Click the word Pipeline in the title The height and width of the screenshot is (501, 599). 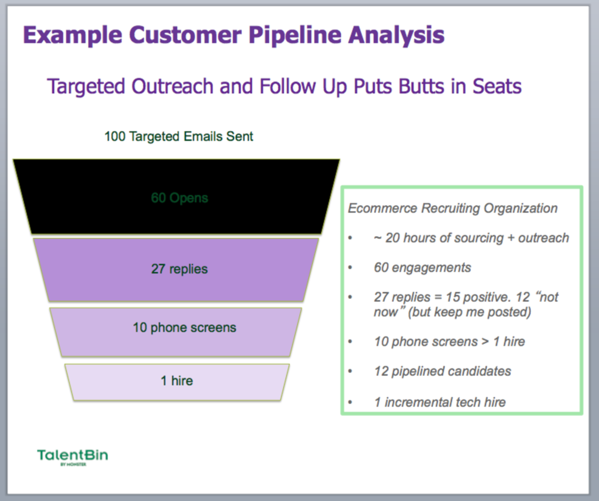[295, 35]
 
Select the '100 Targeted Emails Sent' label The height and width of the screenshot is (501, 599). [179, 136]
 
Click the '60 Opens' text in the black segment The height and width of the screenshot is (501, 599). [179, 198]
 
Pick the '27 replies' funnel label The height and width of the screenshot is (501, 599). [179, 269]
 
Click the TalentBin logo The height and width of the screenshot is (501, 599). [73, 455]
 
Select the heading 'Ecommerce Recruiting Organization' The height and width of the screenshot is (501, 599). [452, 208]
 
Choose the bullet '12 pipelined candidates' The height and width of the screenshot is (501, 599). [442, 371]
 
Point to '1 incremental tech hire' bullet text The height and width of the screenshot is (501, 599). [440, 402]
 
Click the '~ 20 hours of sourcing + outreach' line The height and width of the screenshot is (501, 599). [471, 238]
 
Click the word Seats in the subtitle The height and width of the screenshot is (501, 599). [497, 86]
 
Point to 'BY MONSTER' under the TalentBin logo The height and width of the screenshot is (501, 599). [73, 464]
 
